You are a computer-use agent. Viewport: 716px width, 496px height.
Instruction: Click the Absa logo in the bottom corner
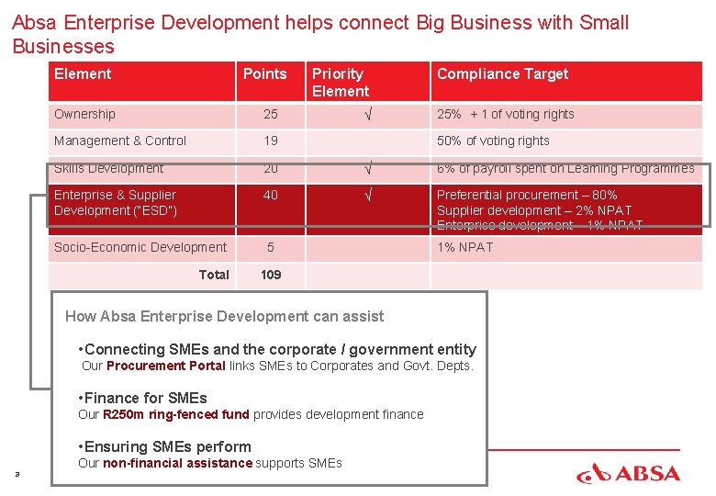click(x=628, y=473)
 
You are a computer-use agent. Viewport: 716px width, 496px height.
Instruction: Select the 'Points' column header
click(x=264, y=74)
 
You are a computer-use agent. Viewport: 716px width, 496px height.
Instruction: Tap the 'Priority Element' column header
click(x=340, y=83)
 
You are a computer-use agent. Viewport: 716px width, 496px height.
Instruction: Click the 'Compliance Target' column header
click(x=502, y=74)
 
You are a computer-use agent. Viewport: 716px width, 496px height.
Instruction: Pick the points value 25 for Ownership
click(x=271, y=115)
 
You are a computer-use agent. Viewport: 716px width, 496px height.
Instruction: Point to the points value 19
click(x=271, y=141)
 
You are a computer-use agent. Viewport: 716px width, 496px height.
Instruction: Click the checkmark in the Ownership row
click(x=367, y=115)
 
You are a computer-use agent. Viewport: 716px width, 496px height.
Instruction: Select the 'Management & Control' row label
click(x=120, y=141)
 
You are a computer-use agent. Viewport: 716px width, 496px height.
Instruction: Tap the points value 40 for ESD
click(x=271, y=196)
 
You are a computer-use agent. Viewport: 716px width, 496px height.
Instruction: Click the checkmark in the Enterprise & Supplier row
click(x=367, y=196)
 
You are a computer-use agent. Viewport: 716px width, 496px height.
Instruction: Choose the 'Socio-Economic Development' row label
click(x=140, y=248)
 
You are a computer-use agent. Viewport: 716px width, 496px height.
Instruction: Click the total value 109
click(x=271, y=275)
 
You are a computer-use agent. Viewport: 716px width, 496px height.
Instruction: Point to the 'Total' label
click(x=214, y=275)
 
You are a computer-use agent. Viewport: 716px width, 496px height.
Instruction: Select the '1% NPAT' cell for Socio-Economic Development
click(x=464, y=248)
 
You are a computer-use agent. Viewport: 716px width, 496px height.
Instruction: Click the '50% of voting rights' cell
click(x=493, y=141)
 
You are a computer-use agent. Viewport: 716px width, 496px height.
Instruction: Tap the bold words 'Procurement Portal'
click(x=165, y=366)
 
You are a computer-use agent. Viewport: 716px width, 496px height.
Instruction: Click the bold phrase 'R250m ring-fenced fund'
click(x=175, y=415)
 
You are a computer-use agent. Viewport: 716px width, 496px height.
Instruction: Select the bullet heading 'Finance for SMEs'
click(x=145, y=399)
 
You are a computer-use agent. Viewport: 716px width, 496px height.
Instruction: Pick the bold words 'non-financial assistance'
click(x=176, y=464)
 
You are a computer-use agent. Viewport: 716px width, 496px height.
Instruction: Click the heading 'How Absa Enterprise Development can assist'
click(x=225, y=317)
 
